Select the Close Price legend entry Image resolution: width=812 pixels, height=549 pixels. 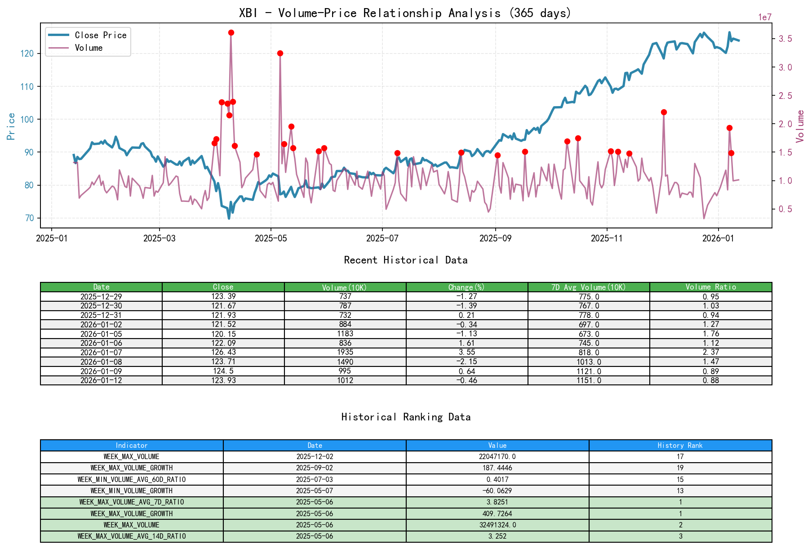100,35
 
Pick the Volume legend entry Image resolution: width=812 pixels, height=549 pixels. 89,48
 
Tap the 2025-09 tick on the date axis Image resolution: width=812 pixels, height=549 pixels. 495,238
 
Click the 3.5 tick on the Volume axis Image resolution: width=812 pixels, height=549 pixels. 785,39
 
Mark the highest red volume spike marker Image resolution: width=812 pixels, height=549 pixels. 231,32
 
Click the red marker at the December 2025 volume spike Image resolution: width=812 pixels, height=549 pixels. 664,112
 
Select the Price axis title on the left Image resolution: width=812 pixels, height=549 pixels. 11,126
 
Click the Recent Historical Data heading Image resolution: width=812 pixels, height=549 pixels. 405,260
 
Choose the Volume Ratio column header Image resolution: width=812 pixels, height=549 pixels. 710,287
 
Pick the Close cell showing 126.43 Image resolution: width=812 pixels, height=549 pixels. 223,352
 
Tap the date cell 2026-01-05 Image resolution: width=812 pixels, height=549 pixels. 101,334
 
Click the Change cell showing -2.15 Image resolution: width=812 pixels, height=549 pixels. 467,362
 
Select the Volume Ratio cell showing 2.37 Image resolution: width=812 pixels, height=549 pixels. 710,352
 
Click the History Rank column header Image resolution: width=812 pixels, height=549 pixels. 680,445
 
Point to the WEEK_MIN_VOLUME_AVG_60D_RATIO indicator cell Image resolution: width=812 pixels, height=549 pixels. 132,479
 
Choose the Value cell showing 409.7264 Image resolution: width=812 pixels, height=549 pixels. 497,513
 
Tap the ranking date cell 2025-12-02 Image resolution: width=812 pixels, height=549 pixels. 315,456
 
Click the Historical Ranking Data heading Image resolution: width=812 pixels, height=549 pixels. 405,417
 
